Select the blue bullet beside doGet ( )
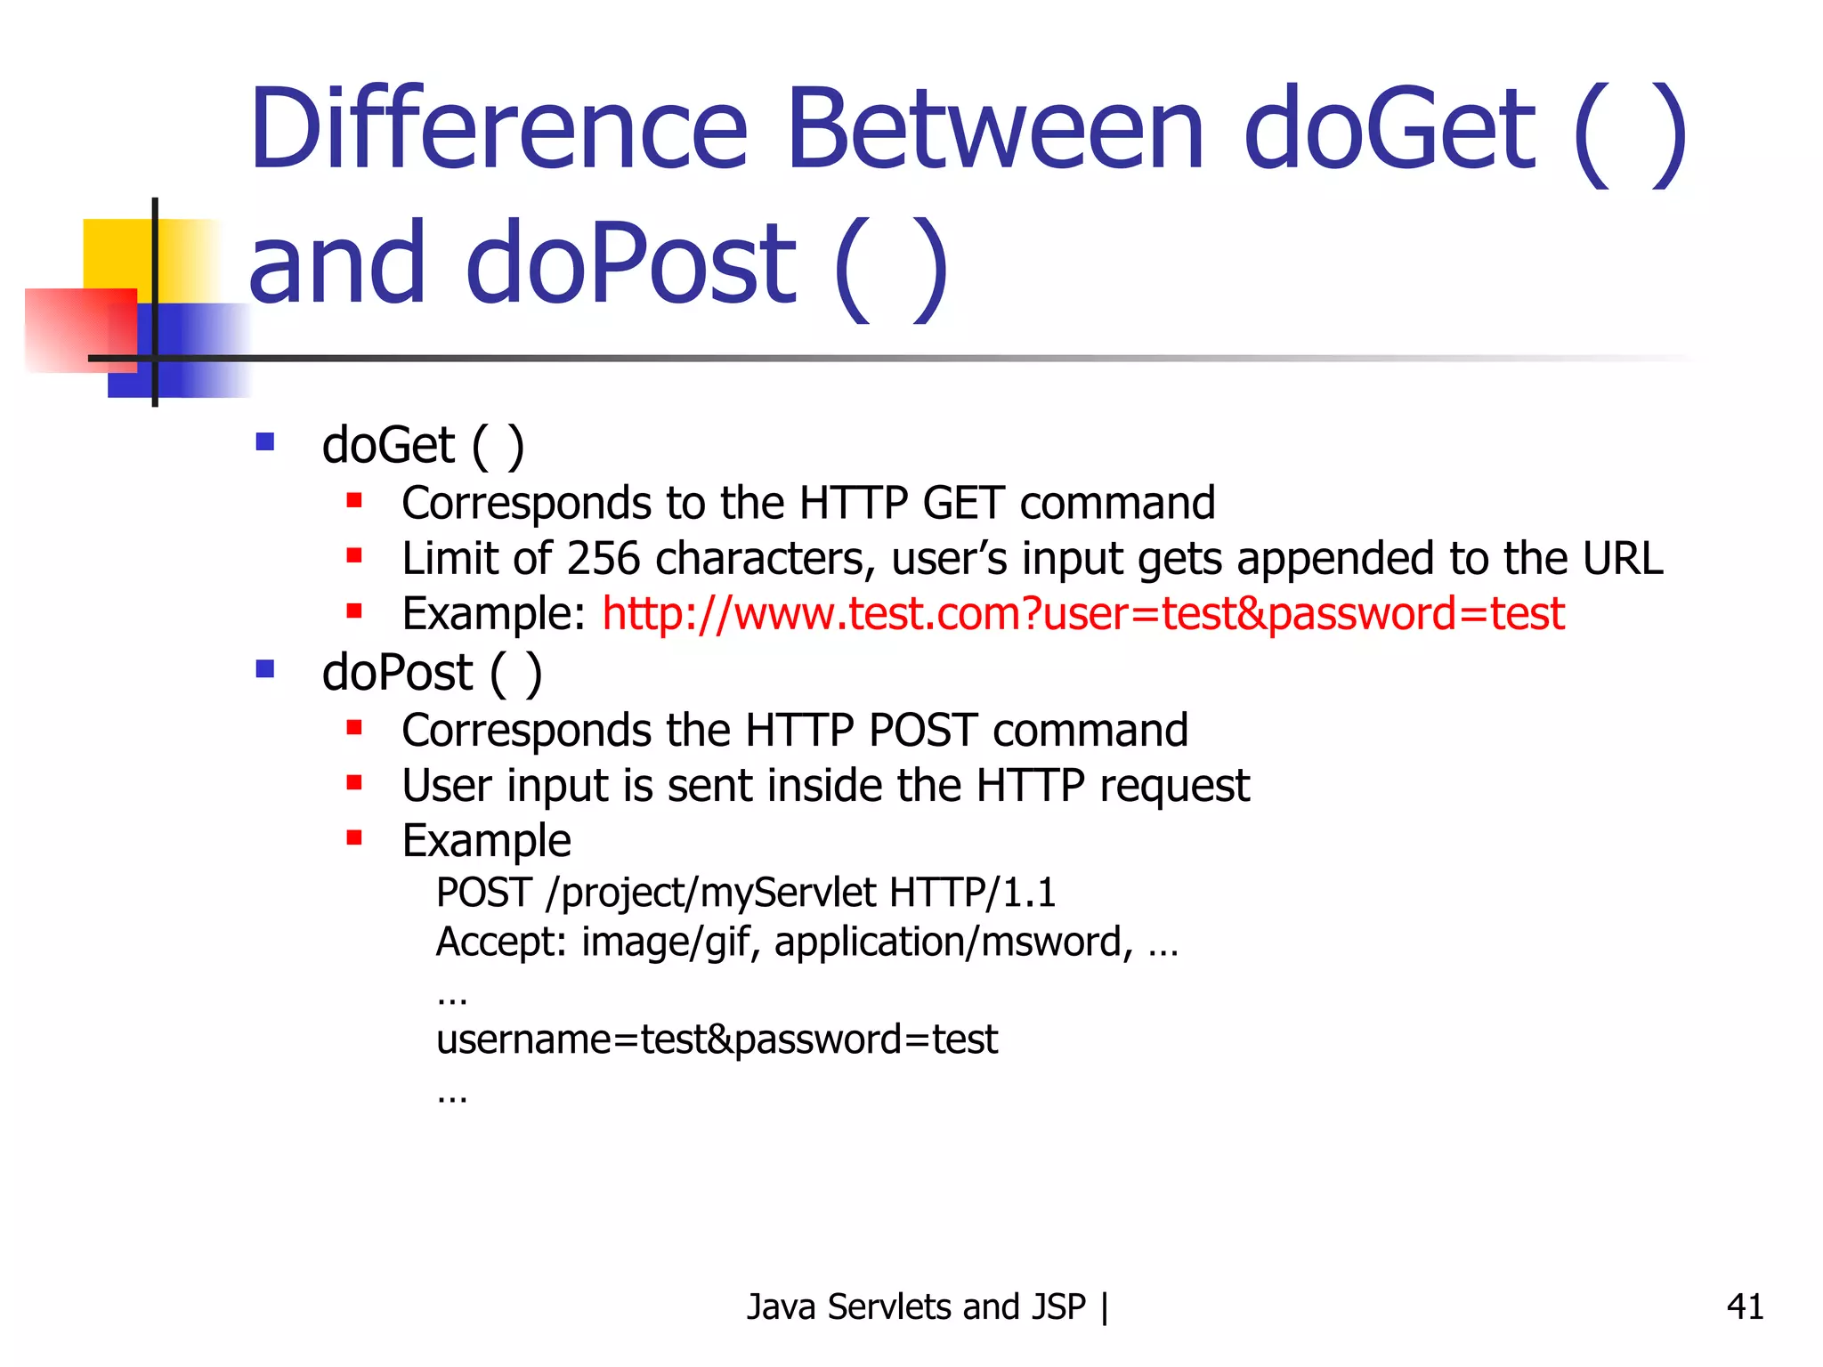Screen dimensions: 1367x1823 point(264,441)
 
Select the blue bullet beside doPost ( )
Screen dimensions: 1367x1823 point(264,668)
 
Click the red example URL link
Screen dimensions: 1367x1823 point(1082,614)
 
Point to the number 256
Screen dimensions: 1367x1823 point(603,559)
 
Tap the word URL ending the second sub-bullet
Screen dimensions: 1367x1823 point(1622,559)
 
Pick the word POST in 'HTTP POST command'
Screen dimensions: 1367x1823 point(922,731)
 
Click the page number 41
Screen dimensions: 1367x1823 point(1744,1306)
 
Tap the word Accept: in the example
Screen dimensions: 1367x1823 point(501,942)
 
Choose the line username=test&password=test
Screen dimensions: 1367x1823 point(717,1039)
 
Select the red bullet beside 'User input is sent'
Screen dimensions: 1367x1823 point(354,782)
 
